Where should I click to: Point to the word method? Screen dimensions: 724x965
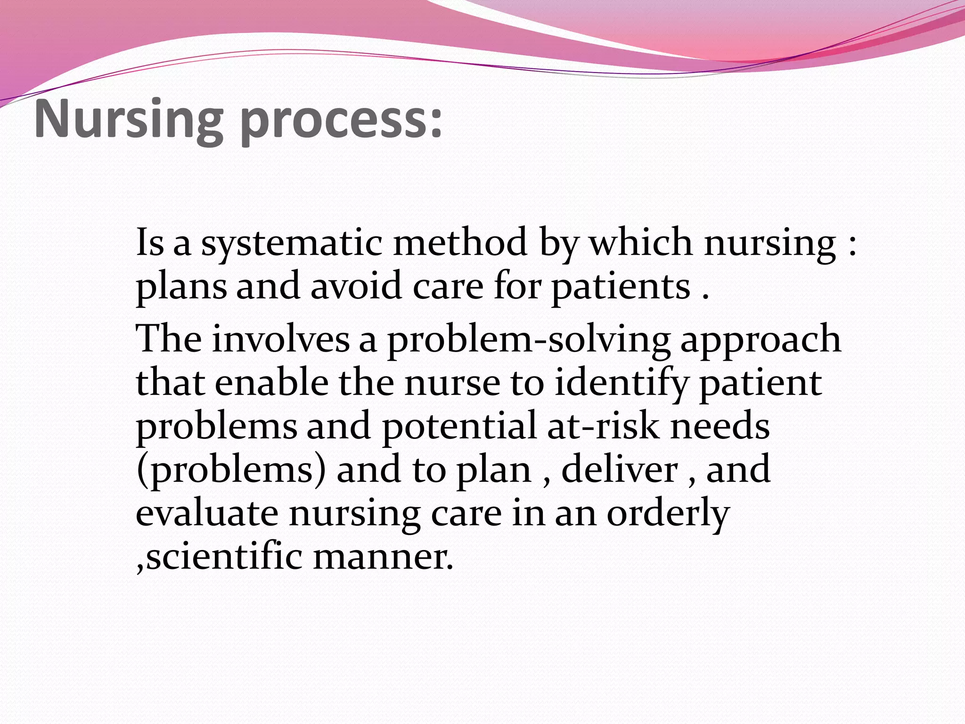tap(460, 242)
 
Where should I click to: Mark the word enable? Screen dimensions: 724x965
tap(271, 382)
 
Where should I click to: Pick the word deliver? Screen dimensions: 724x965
tap(620, 469)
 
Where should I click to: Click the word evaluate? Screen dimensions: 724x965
tap(207, 513)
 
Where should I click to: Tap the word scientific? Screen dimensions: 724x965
tap(224, 557)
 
